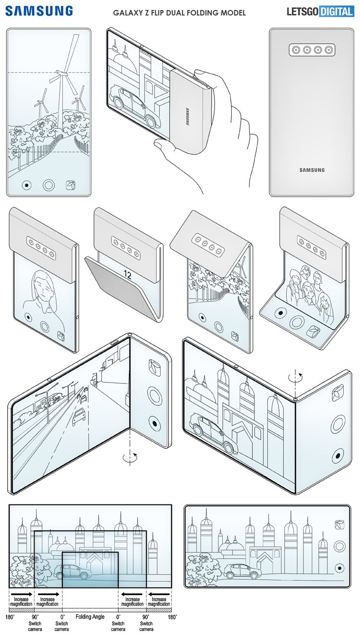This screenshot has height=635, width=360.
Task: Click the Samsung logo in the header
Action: tap(40, 11)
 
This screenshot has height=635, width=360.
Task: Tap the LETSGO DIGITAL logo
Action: tap(320, 11)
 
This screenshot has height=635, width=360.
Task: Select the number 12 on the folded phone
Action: tap(127, 275)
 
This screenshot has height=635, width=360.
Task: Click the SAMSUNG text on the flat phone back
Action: tap(312, 170)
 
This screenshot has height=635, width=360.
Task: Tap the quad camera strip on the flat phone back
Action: tap(312, 49)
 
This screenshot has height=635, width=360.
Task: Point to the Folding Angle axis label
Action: tap(90, 616)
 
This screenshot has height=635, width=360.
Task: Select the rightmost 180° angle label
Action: tap(171, 616)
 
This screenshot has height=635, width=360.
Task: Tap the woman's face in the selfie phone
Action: tap(43, 286)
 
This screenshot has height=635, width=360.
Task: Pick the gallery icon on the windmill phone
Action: tap(72, 185)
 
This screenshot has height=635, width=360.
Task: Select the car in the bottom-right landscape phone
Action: tap(238, 570)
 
